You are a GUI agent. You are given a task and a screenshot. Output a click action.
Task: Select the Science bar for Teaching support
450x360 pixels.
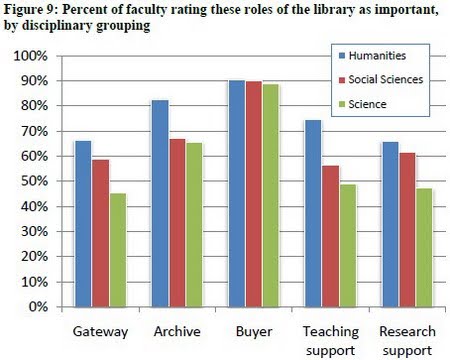tap(347, 245)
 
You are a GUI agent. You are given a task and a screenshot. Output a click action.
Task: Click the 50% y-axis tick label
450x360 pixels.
tap(35, 181)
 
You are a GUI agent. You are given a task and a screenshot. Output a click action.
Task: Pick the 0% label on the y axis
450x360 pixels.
tap(39, 307)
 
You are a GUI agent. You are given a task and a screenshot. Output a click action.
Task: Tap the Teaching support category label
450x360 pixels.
tap(329, 337)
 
